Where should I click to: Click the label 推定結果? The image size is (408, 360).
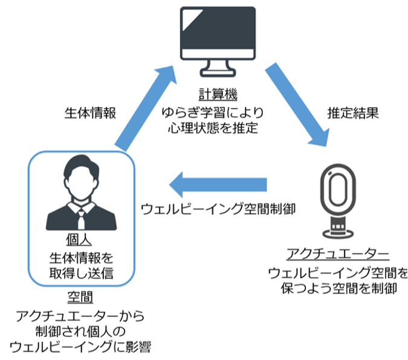coord(353,113)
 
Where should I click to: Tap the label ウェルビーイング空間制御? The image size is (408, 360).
coord(218,209)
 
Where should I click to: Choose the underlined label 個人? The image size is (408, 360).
coord(81,238)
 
